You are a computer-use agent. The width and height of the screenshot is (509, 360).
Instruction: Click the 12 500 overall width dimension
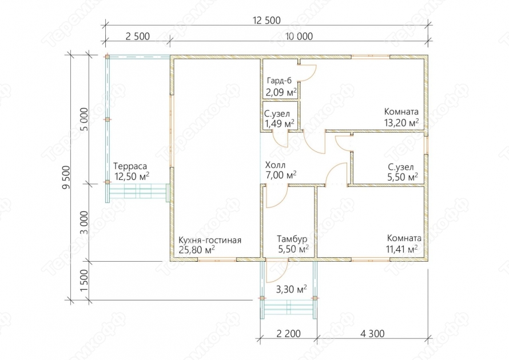[267, 21]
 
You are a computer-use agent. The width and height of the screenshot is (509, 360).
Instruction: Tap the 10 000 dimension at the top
[299, 37]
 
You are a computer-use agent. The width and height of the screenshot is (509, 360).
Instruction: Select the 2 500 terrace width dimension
[138, 37]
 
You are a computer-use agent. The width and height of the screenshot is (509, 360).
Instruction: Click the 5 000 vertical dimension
[83, 119]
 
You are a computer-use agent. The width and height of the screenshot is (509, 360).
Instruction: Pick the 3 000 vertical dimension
[83, 222]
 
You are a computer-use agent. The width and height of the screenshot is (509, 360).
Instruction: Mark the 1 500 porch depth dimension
[83, 281]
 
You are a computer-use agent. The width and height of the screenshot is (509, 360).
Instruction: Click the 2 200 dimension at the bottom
[289, 333]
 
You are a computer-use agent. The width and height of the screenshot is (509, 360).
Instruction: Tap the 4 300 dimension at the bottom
[372, 333]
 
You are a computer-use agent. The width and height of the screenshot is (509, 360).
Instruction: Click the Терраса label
[130, 166]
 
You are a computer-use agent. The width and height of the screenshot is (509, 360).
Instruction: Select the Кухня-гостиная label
[210, 241]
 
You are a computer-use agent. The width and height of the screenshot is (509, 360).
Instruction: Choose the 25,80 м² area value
[196, 250]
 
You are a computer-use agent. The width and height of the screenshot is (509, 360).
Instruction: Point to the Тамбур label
[292, 239]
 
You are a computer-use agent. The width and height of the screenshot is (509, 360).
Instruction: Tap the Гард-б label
[279, 81]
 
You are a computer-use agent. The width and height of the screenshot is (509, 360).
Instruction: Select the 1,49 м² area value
[280, 123]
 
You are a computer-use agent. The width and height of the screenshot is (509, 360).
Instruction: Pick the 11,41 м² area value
[402, 249]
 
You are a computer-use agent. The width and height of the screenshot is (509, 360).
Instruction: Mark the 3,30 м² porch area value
[291, 289]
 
